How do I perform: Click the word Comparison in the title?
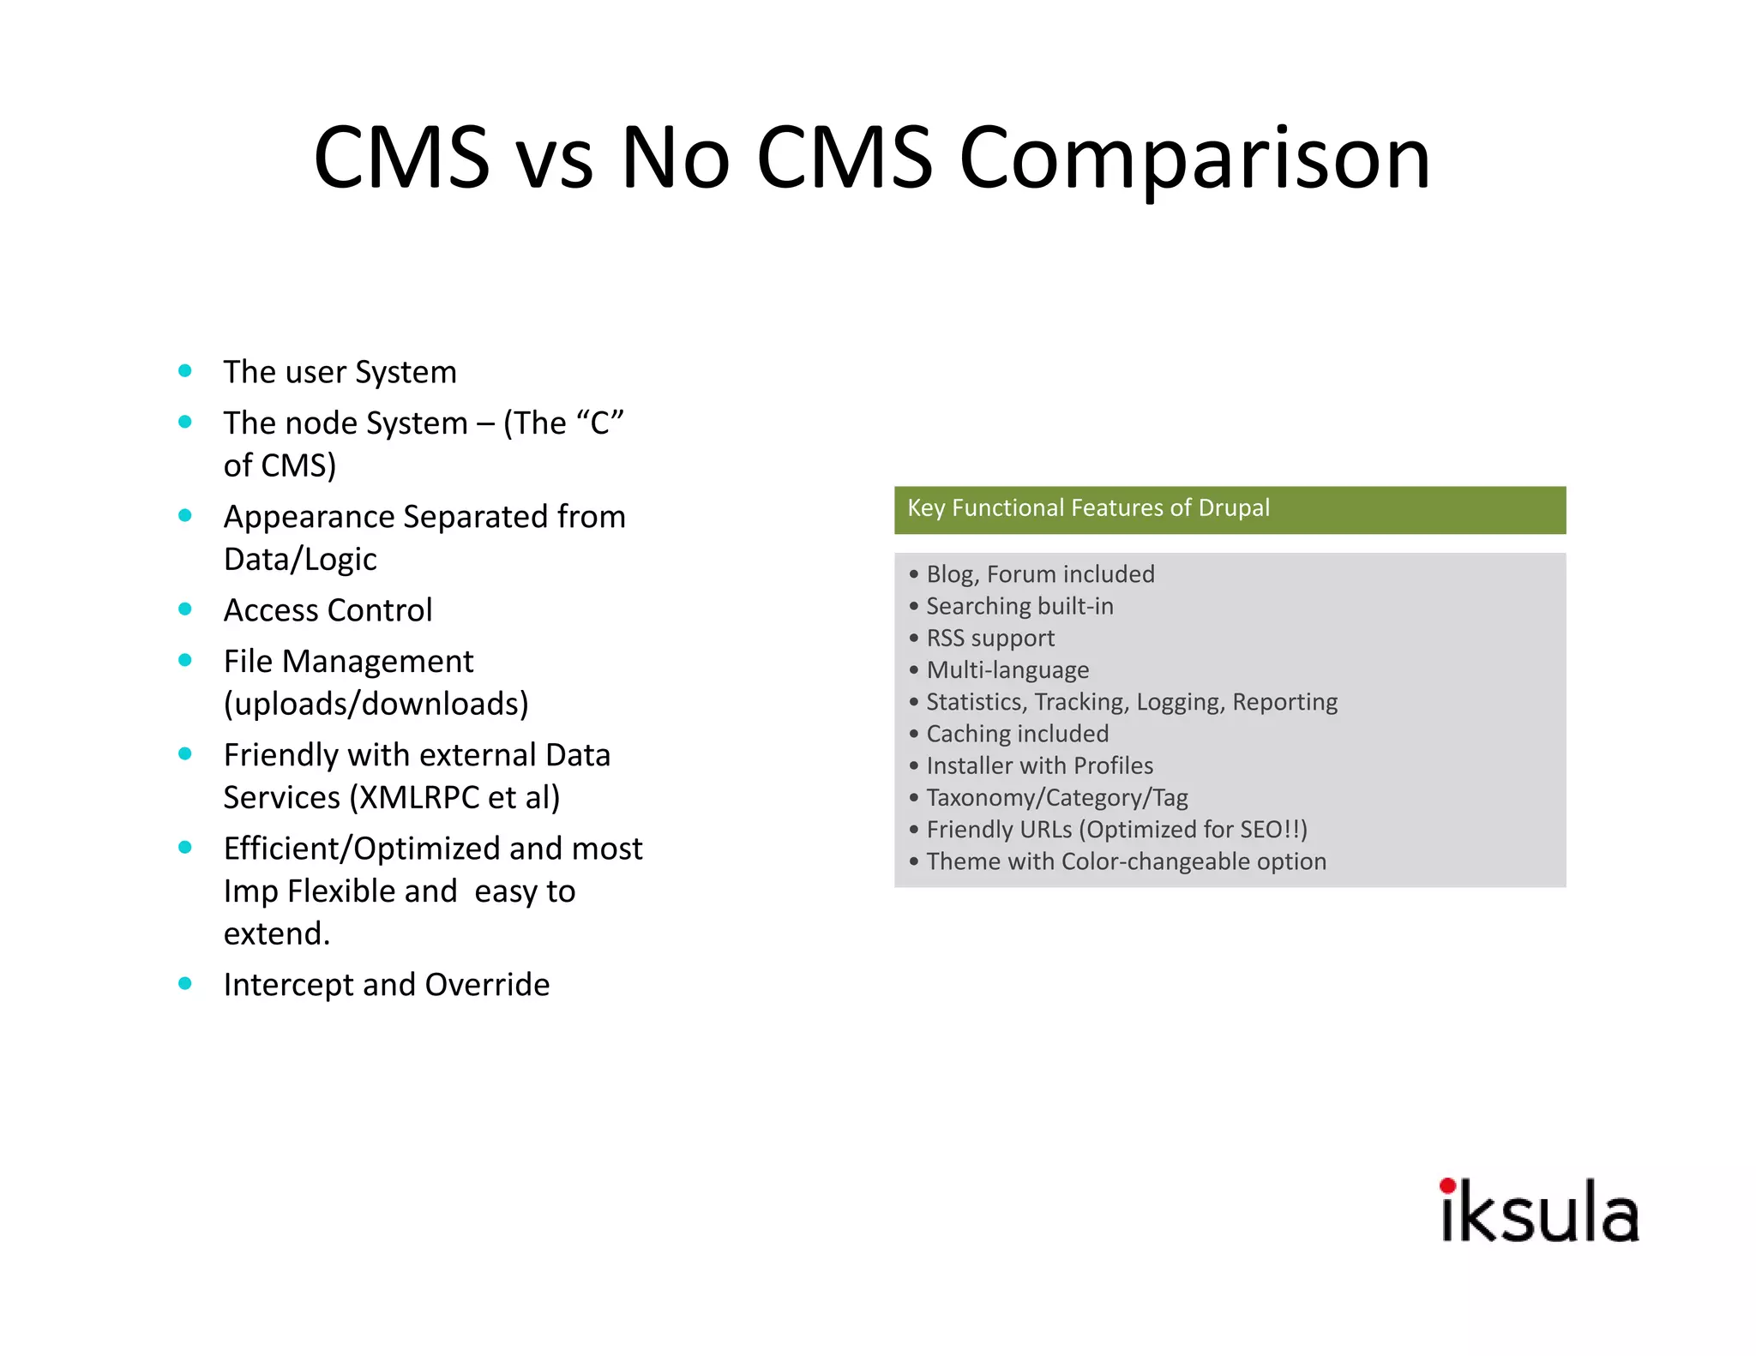pyautogui.click(x=1194, y=159)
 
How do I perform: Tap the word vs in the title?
pyautogui.click(x=555, y=159)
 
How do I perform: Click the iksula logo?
pyautogui.click(x=1539, y=1211)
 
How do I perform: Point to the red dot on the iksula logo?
pyautogui.click(x=1447, y=1186)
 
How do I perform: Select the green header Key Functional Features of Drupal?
pyautogui.click(x=1230, y=509)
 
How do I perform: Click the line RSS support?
pyautogui.click(x=990, y=639)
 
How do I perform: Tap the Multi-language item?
pyautogui.click(x=1007, y=670)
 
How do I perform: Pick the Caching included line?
pyautogui.click(x=1017, y=734)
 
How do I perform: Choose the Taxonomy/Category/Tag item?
pyautogui.click(x=1056, y=798)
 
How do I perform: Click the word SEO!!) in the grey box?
pyautogui.click(x=1273, y=830)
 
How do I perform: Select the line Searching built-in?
pyautogui.click(x=1019, y=607)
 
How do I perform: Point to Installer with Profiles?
pyautogui.click(x=1039, y=765)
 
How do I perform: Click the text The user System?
pyautogui.click(x=340, y=372)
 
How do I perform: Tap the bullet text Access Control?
pyautogui.click(x=328, y=610)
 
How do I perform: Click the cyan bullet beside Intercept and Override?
pyautogui.click(x=185, y=983)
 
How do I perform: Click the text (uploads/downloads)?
pyautogui.click(x=376, y=704)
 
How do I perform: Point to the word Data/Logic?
pyautogui.click(x=300, y=560)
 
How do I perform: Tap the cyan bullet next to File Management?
pyautogui.click(x=185, y=660)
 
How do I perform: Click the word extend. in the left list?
pyautogui.click(x=276, y=933)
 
